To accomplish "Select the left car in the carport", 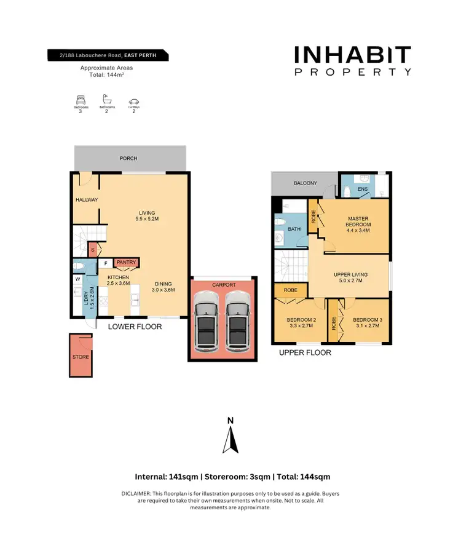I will [205, 320].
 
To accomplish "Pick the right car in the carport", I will [237, 320].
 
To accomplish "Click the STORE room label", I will [81, 357].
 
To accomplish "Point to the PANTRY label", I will [126, 263].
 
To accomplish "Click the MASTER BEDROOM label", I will [358, 221].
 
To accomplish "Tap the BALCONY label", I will [305, 183].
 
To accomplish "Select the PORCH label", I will [128, 159].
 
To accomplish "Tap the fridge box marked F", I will [105, 263].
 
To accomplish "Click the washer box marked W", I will [77, 279].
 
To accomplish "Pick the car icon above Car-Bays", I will [133, 101].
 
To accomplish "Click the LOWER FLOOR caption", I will [135, 327].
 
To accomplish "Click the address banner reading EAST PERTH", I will [108, 57].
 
